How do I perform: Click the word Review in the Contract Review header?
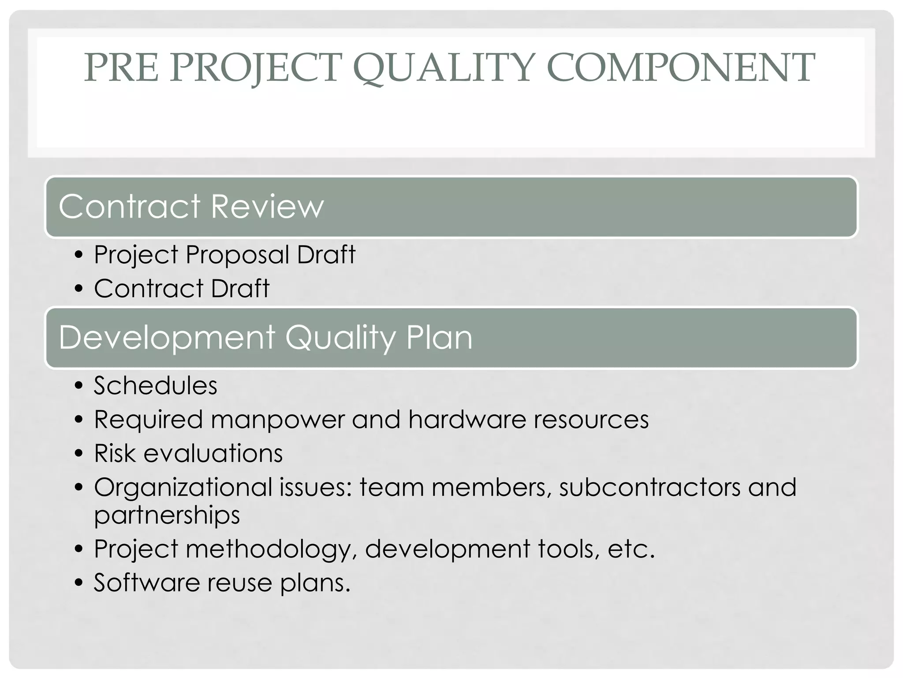point(268,206)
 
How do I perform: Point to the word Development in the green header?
point(167,338)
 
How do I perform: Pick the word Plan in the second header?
point(439,338)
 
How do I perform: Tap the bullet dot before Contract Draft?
point(79,289)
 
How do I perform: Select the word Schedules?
point(156,385)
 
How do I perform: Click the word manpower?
point(278,419)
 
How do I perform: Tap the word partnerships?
point(167,515)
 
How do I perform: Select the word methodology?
point(272,550)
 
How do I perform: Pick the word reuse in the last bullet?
point(240,583)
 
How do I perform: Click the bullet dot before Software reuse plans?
point(79,583)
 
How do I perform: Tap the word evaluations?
point(213,453)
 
